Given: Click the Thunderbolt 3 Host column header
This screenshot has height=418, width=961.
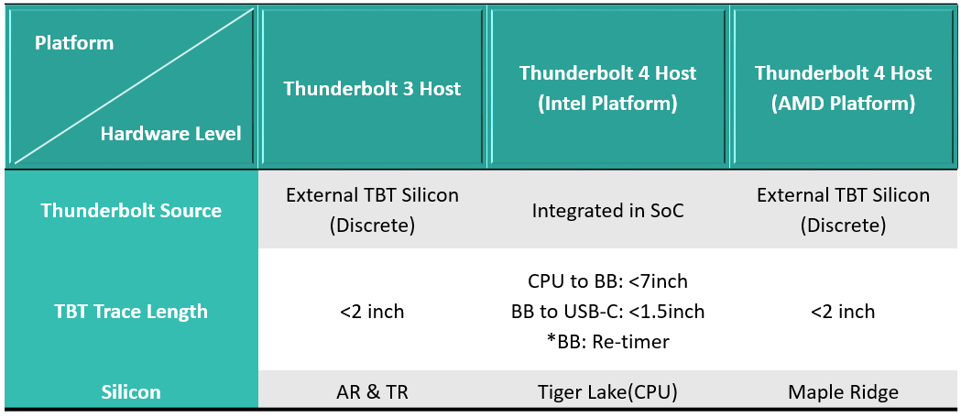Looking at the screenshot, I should click(x=372, y=89).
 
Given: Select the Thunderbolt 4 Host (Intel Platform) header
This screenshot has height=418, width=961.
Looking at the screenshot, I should click(x=607, y=88).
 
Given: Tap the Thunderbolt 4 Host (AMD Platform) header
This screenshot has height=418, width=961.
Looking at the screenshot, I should click(x=843, y=88).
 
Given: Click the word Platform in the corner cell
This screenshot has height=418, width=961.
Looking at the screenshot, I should click(x=74, y=44).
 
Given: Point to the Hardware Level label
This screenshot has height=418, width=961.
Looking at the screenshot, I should click(x=170, y=134).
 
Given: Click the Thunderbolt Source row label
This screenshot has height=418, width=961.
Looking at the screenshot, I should click(x=131, y=210).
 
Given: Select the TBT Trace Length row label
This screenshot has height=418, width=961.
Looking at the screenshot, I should click(x=131, y=312).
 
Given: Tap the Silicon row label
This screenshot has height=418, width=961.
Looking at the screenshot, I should click(x=131, y=392).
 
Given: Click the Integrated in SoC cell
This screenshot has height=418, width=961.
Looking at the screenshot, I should click(x=607, y=211).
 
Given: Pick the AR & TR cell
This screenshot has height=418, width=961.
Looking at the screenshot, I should click(x=372, y=392).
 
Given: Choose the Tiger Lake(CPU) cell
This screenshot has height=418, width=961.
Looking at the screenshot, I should click(x=607, y=392).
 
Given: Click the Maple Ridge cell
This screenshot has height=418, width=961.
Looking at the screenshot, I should click(x=843, y=392).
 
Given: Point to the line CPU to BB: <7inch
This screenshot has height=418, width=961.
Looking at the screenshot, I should click(x=607, y=281).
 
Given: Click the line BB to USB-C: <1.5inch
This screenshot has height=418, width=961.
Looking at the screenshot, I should click(x=607, y=312).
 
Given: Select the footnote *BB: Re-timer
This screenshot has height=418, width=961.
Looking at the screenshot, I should click(x=607, y=342).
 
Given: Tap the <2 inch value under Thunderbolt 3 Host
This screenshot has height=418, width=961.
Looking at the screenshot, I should click(x=372, y=312).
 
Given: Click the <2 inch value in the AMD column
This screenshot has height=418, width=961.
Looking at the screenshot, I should click(x=843, y=312).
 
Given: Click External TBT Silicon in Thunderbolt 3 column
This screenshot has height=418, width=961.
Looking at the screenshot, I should click(x=372, y=195).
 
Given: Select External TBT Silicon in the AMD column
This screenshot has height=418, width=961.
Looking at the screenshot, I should click(x=843, y=195).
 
